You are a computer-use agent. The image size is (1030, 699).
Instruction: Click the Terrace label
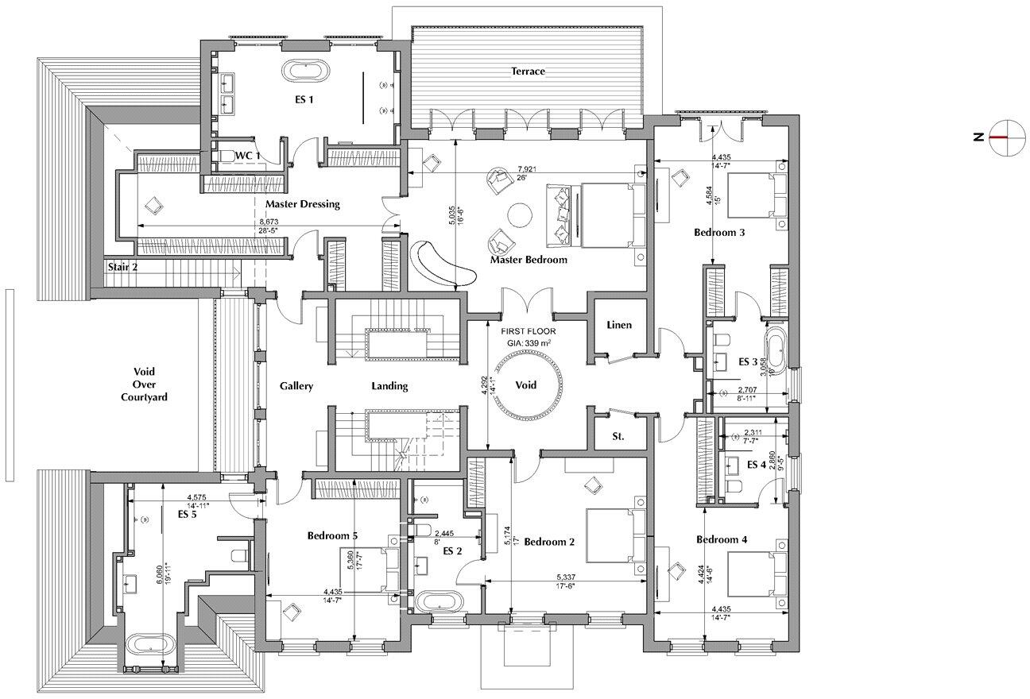pyautogui.click(x=528, y=71)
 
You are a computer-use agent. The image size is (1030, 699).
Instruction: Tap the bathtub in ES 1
pyautogui.click(x=304, y=69)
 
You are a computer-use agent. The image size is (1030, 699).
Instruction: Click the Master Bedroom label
pyautogui.click(x=529, y=260)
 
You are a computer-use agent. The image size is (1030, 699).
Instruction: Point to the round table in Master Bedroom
pyautogui.click(x=521, y=215)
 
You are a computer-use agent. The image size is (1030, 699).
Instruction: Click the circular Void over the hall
pyautogui.click(x=525, y=384)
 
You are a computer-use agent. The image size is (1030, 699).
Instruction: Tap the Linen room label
pyautogui.click(x=618, y=325)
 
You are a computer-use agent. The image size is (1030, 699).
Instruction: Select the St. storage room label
pyautogui.click(x=618, y=437)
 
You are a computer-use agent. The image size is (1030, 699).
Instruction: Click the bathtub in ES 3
pyautogui.click(x=774, y=353)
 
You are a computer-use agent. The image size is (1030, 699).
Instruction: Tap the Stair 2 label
pyautogui.click(x=122, y=268)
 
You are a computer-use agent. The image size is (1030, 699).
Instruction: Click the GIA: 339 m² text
pyautogui.click(x=528, y=342)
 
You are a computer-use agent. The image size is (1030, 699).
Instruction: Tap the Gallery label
pyautogui.click(x=296, y=386)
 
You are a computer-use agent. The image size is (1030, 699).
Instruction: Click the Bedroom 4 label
pyautogui.click(x=722, y=540)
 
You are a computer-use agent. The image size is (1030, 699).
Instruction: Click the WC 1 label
pyautogui.click(x=247, y=156)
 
